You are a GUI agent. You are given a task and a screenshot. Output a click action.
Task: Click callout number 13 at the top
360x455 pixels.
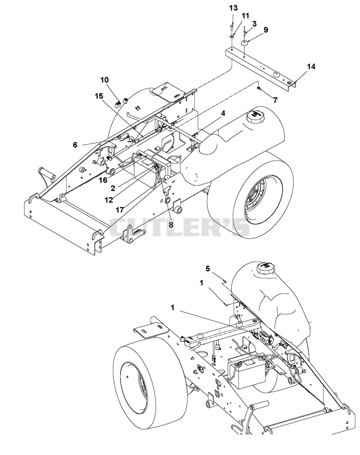pyautogui.click(x=234, y=8)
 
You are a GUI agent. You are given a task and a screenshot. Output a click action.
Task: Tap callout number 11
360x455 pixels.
pyautogui.click(x=246, y=16)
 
